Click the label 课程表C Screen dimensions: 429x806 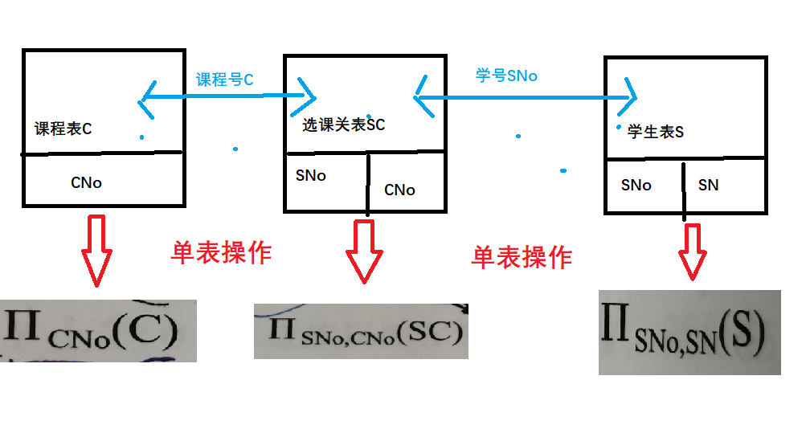point(63,129)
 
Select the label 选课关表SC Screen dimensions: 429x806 point(343,125)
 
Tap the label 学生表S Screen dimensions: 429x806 point(656,132)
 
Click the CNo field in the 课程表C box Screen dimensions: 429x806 point(86,182)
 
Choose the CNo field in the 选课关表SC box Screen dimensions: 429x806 point(399,190)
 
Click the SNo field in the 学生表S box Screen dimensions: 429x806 point(636,185)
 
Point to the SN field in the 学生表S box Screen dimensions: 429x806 point(708,185)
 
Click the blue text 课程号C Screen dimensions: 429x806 point(225,80)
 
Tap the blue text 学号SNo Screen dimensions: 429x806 point(506,76)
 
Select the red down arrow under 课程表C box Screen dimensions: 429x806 point(96,250)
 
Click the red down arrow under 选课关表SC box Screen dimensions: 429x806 point(364,251)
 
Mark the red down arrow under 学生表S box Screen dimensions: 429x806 point(691,251)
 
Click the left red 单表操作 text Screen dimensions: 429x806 point(221,253)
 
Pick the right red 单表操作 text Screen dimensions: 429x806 point(522,257)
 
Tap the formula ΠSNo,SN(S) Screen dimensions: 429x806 point(689,333)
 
